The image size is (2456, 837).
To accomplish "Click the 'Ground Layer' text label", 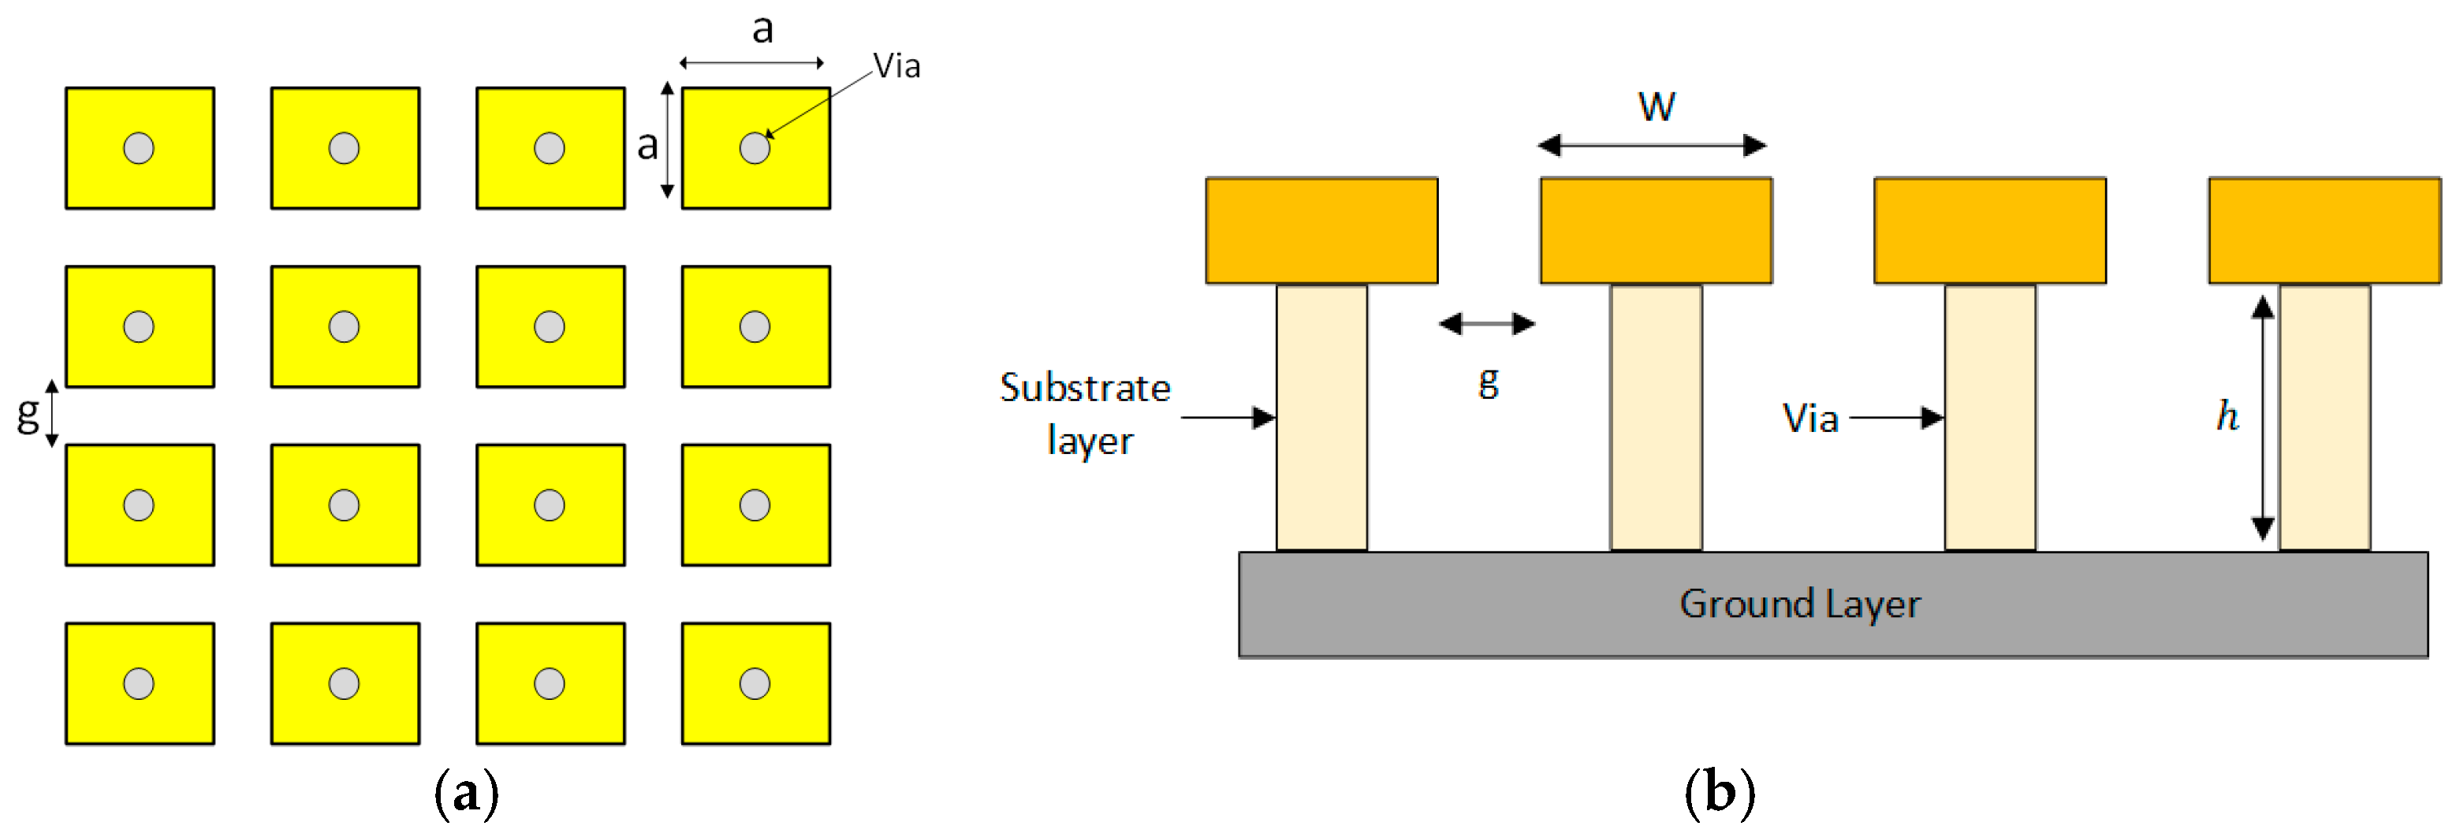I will click(x=1799, y=604).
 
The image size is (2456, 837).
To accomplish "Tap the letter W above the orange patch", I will click(x=1656, y=106).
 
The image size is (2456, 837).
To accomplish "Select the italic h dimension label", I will click(x=2227, y=415).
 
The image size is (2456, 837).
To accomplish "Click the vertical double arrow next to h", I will click(x=2263, y=418).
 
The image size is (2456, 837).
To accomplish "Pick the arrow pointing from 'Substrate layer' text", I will click(x=1228, y=418).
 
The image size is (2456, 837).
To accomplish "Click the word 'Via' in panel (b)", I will click(x=1809, y=418).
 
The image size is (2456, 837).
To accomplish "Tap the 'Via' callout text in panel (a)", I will click(x=896, y=65).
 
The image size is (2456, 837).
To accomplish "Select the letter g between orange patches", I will click(x=1489, y=382).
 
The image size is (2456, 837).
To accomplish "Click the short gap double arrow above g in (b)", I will click(x=1486, y=324).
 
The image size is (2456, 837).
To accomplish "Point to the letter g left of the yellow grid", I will click(x=28, y=414).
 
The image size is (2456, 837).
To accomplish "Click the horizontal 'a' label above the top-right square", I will click(x=762, y=28).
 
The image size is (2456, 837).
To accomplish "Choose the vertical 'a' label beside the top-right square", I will click(x=647, y=146).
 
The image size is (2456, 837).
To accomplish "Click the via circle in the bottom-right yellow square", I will click(x=755, y=683).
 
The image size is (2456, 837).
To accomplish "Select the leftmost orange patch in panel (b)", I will click(x=1321, y=231).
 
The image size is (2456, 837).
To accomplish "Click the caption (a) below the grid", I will click(x=466, y=793).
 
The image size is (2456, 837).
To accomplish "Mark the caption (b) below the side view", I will click(x=1719, y=793).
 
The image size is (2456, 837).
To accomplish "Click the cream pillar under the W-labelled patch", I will click(x=1656, y=418).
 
